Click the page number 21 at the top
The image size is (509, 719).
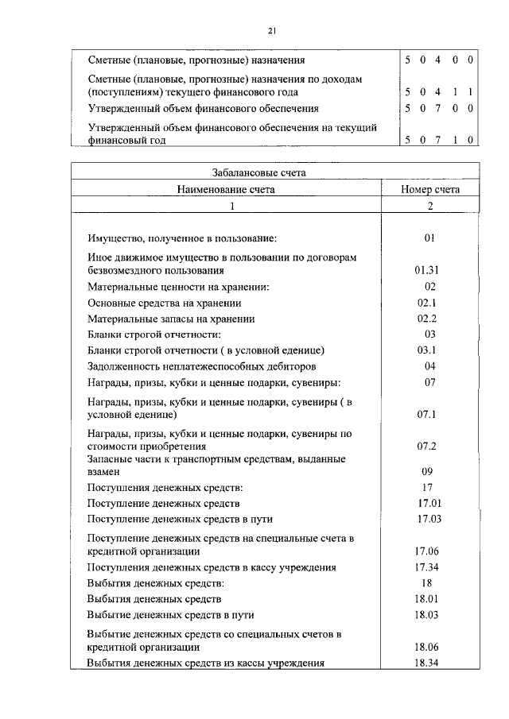[x=271, y=30]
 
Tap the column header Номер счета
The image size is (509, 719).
[x=430, y=190]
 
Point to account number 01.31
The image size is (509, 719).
[x=427, y=270]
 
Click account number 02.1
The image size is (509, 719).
[x=427, y=303]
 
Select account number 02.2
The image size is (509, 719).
[x=427, y=319]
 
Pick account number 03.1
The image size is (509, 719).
[x=427, y=350]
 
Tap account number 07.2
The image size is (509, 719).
[x=427, y=446]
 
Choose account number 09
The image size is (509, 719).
[x=427, y=471]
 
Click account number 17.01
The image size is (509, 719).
[x=429, y=503]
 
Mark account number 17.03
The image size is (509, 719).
[x=429, y=519]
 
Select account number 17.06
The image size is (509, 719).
[x=429, y=551]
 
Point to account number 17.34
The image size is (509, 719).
[x=429, y=567]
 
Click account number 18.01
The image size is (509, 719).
[x=427, y=599]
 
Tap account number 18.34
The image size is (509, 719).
[x=427, y=663]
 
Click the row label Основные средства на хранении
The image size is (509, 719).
[x=165, y=303]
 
